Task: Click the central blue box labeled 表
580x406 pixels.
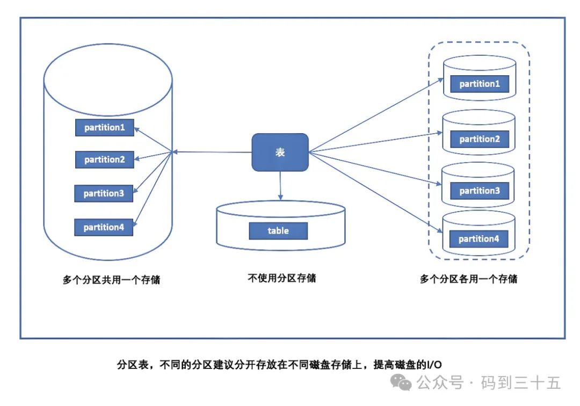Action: click(x=280, y=153)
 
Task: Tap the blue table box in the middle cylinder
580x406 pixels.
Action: click(x=278, y=231)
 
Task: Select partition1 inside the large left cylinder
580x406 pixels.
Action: click(x=105, y=128)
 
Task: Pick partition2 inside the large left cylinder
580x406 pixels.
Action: click(x=105, y=160)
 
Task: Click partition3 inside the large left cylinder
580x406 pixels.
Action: click(x=104, y=193)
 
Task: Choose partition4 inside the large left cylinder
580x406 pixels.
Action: click(x=104, y=227)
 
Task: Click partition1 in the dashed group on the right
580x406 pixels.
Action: click(x=480, y=84)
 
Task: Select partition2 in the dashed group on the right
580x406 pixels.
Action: click(x=480, y=139)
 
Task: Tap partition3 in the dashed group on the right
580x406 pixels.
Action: click(x=480, y=191)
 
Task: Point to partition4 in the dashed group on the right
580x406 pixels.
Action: click(x=479, y=239)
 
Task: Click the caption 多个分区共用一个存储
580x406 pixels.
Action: click(x=111, y=280)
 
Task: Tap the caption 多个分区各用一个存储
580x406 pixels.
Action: click(x=469, y=279)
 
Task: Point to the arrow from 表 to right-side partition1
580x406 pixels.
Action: click(x=376, y=115)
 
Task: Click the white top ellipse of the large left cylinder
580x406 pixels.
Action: click(x=107, y=81)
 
